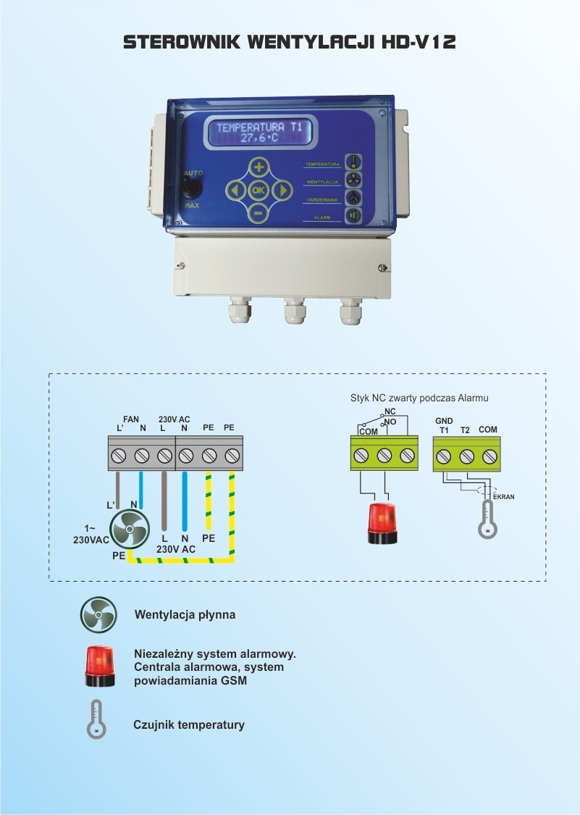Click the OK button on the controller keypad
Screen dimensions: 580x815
(x=259, y=191)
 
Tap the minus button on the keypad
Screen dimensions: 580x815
(x=259, y=214)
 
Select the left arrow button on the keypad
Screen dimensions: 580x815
(x=235, y=191)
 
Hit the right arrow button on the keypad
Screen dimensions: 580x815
(x=282, y=191)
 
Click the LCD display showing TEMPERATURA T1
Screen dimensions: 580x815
(x=261, y=132)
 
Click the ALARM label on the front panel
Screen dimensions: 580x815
(x=322, y=217)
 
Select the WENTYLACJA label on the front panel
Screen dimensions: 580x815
(x=322, y=181)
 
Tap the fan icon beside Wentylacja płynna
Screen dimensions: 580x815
(x=98, y=615)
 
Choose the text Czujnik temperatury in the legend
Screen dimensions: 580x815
(x=189, y=724)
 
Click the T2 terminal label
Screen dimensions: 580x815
(x=466, y=430)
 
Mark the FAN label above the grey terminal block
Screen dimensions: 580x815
(x=131, y=419)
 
